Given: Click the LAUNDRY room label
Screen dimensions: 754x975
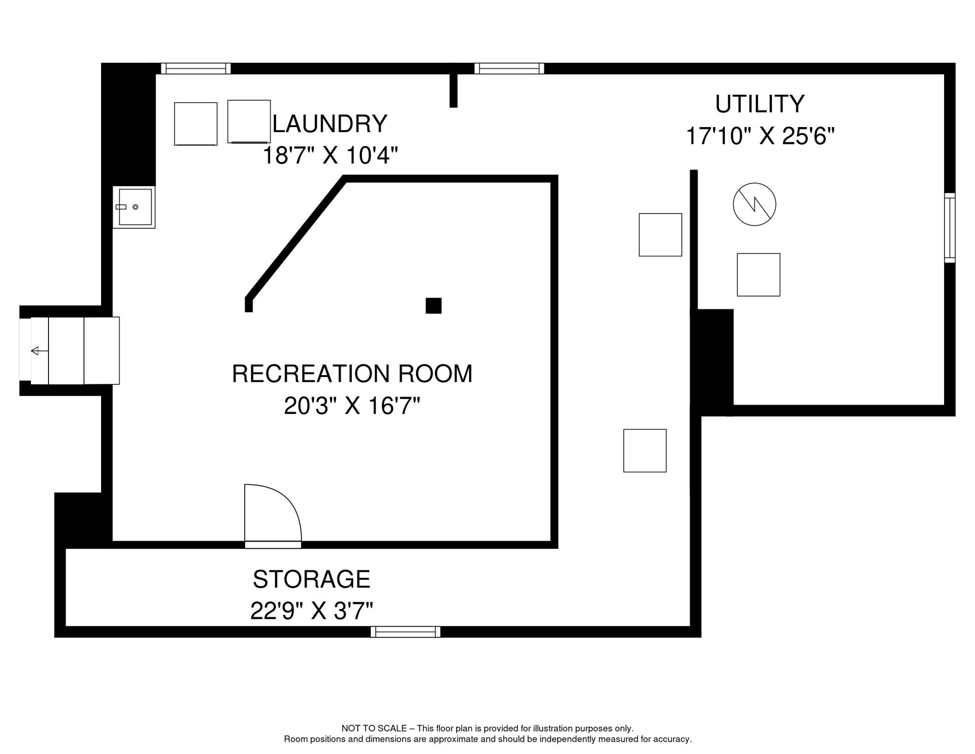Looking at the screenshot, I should (x=330, y=124).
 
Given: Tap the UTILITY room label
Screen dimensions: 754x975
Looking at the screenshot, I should (x=759, y=104).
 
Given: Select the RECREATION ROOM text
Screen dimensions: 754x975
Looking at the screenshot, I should (x=352, y=374).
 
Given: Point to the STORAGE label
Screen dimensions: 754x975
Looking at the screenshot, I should (x=311, y=579).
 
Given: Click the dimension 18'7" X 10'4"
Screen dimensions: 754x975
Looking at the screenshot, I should (x=330, y=156).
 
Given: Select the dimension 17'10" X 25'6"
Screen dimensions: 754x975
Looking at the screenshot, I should (x=759, y=136).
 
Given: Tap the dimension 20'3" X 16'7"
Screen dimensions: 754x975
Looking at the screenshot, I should (x=352, y=406).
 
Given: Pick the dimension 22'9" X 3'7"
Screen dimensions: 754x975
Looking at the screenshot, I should (x=311, y=611).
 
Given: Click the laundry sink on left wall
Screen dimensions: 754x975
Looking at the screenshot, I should (x=134, y=207).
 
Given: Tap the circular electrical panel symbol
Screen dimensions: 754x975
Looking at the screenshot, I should (x=754, y=204).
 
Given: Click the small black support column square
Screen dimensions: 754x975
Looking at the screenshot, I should (x=433, y=305).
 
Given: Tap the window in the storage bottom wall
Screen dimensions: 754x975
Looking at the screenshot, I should (x=405, y=632).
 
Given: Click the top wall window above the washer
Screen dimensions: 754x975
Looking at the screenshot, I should (x=196, y=68).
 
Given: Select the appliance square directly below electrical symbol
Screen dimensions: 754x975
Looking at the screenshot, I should (x=758, y=275).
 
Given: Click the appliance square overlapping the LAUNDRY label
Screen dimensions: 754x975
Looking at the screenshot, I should (x=249, y=122).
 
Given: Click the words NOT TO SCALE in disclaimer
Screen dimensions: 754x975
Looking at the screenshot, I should (x=374, y=728).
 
